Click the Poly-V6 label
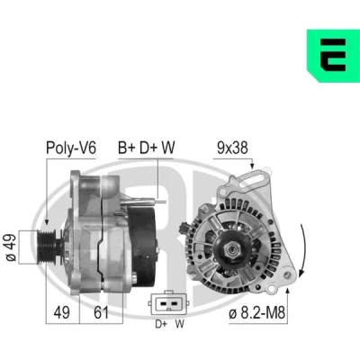pyautogui.click(x=71, y=148)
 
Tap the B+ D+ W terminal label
pyautogui.click(x=146, y=148)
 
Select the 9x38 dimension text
pyautogui.click(x=232, y=148)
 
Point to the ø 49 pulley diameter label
pyautogui.click(x=11, y=247)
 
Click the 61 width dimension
pyautogui.click(x=101, y=313)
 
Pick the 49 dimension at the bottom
pyautogui.click(x=62, y=313)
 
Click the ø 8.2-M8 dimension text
pyautogui.click(x=256, y=313)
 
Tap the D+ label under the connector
pyautogui.click(x=161, y=324)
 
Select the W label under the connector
pyautogui.click(x=180, y=324)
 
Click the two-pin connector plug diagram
pyautogui.click(x=168, y=303)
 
